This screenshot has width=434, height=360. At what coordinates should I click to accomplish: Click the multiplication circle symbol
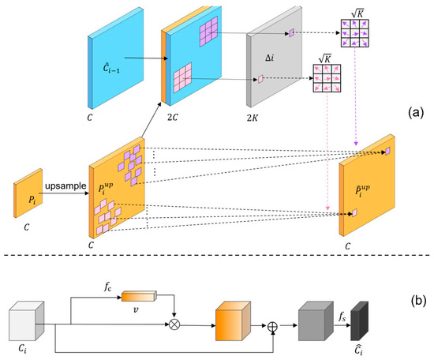click(174, 324)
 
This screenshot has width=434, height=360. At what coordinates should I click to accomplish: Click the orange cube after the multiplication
click(233, 324)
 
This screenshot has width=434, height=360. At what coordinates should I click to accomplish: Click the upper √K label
click(350, 11)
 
